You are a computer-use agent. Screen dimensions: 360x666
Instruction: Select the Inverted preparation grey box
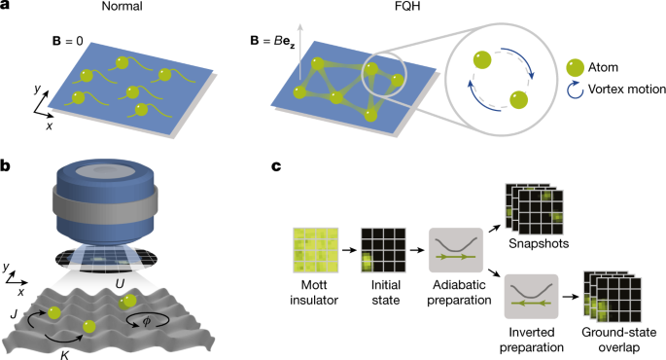pyautogui.click(x=530, y=299)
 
